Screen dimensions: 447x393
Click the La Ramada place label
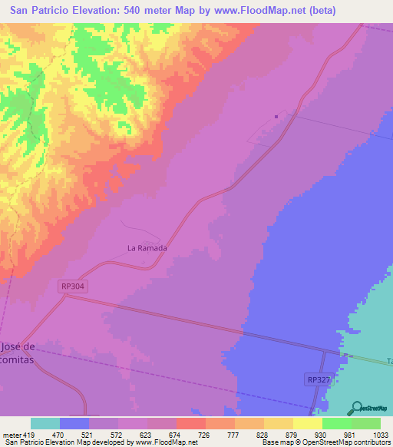[147, 248]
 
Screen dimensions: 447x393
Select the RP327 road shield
[319, 379]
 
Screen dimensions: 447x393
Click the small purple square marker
[276, 117]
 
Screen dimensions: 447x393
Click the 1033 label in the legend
[372, 435]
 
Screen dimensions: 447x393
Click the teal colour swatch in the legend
[45, 423]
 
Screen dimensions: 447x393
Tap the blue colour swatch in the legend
[74, 423]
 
